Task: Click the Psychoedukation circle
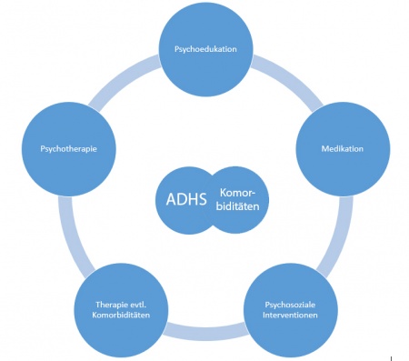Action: click(x=205, y=49)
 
